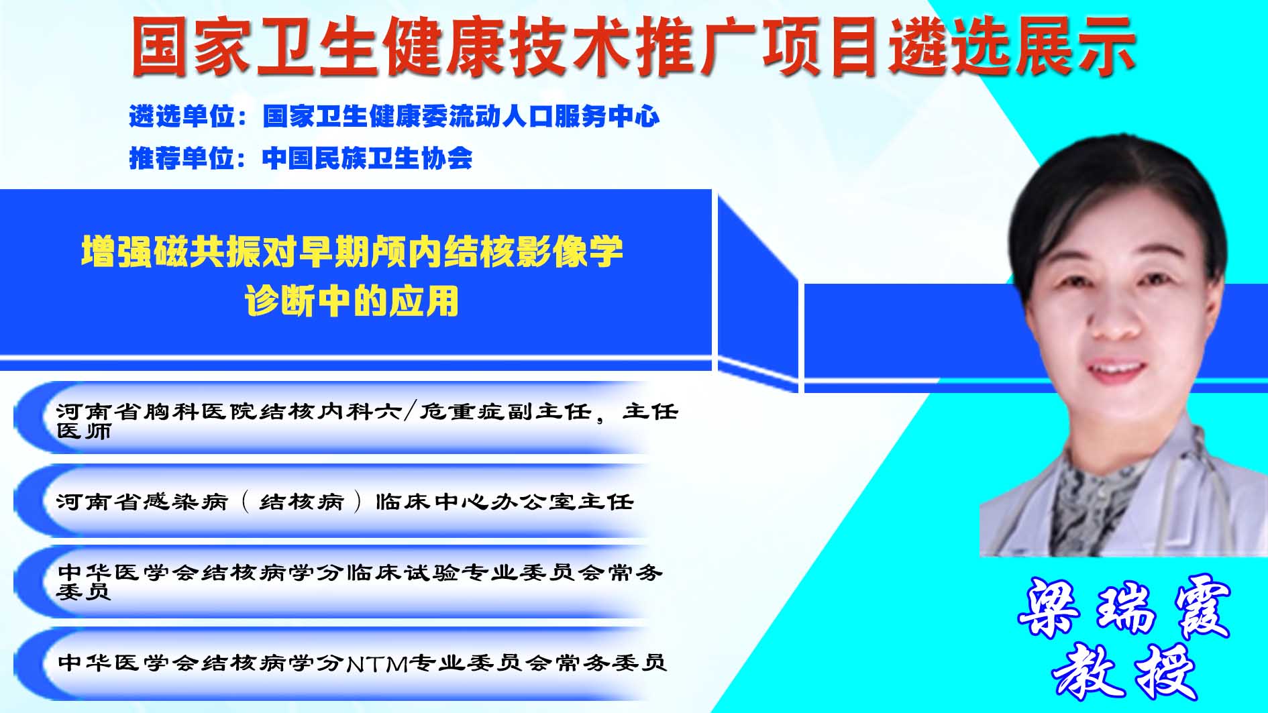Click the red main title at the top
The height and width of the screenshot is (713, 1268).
633,46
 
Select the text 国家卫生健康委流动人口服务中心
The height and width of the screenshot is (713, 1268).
461,117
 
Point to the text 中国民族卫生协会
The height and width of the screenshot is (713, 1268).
367,158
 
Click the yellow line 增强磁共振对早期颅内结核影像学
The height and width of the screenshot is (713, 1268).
352,252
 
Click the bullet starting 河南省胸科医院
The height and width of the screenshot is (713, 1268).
367,421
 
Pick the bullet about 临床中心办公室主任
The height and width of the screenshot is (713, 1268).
345,502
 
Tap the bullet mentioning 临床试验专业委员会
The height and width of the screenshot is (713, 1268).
360,582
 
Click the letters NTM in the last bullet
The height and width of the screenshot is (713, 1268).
378,663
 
